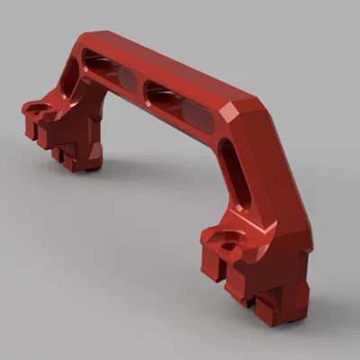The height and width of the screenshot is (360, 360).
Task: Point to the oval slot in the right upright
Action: [230, 164]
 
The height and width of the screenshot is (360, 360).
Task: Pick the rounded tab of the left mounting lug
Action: [32, 109]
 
